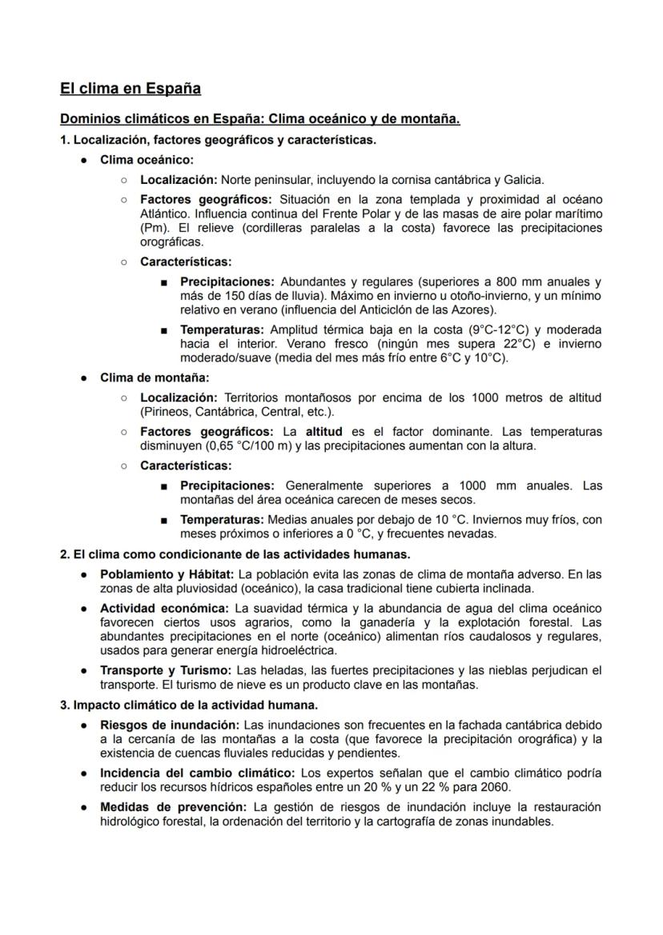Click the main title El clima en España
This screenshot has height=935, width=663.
[131, 88]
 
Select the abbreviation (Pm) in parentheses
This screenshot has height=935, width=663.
[153, 227]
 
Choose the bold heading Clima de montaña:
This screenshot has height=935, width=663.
[154, 378]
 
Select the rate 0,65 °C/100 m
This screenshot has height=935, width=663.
[247, 445]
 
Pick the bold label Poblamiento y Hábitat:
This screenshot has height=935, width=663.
[167, 574]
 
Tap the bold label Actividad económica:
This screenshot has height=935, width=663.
[164, 608]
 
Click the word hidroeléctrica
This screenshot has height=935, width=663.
[302, 649]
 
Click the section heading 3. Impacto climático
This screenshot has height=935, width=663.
[189, 705]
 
